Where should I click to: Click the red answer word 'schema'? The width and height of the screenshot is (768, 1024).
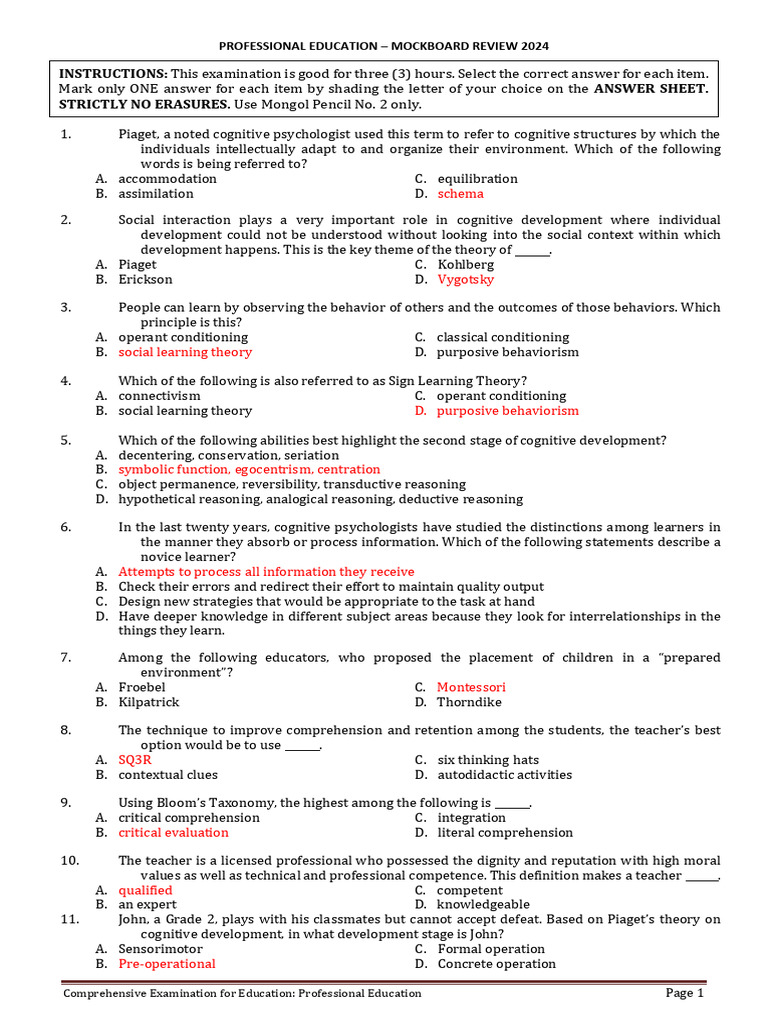(460, 193)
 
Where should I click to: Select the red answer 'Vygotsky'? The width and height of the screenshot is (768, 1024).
(466, 280)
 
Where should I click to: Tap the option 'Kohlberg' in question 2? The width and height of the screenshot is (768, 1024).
(465, 265)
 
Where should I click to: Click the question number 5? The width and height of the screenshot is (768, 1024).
(65, 440)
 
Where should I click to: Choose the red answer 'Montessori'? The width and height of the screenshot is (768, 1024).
(471, 687)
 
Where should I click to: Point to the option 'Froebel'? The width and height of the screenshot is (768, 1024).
(142, 687)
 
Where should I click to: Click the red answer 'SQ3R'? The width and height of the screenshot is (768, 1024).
(135, 760)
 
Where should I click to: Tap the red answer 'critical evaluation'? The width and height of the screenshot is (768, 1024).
(173, 832)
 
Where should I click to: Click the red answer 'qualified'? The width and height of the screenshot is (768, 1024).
(145, 890)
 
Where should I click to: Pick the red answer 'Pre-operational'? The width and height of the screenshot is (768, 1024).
(167, 964)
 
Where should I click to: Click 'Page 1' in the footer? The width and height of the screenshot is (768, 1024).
(685, 993)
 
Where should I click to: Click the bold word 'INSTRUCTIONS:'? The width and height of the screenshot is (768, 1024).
(113, 74)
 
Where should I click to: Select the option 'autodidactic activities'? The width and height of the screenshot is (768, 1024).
(504, 775)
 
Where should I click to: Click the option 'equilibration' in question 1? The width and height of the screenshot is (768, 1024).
(477, 179)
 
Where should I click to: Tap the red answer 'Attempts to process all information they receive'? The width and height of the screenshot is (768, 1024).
(266, 572)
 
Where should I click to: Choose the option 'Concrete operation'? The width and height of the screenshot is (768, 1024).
(496, 964)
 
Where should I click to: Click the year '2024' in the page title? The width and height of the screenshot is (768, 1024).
(532, 45)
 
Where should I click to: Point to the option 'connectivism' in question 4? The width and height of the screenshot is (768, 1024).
(159, 396)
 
